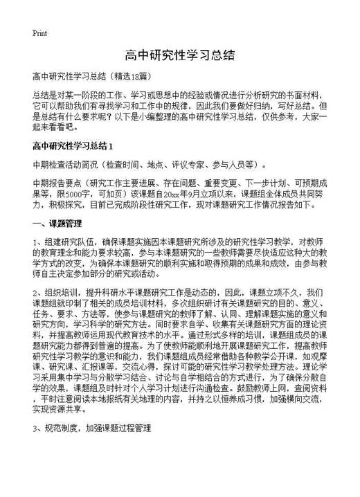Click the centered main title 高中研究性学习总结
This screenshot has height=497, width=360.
tap(179, 55)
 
